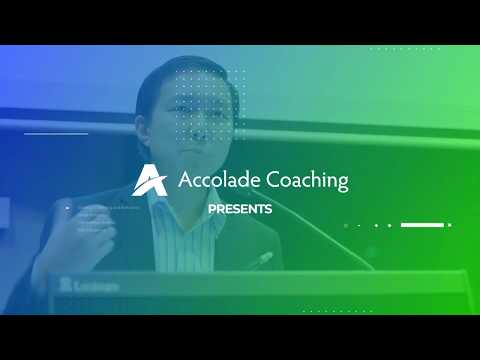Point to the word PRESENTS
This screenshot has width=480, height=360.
(x=240, y=209)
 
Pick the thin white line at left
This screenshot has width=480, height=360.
(x=56, y=133)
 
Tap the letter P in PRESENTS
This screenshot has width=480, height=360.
(x=211, y=209)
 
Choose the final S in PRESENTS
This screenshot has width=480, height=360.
(x=268, y=209)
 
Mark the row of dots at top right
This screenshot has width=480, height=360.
(x=405, y=48)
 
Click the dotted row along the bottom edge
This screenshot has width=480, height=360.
(x=330, y=311)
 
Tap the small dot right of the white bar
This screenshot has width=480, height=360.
(x=450, y=225)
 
